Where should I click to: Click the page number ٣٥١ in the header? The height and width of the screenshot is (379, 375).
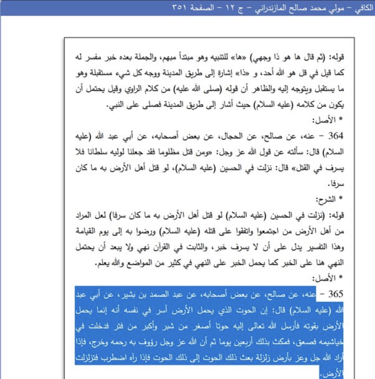(x=178, y=8)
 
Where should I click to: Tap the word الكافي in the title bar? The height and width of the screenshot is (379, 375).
(x=364, y=8)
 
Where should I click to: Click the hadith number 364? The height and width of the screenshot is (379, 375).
(x=336, y=136)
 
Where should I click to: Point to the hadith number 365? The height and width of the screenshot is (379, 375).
(x=336, y=294)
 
